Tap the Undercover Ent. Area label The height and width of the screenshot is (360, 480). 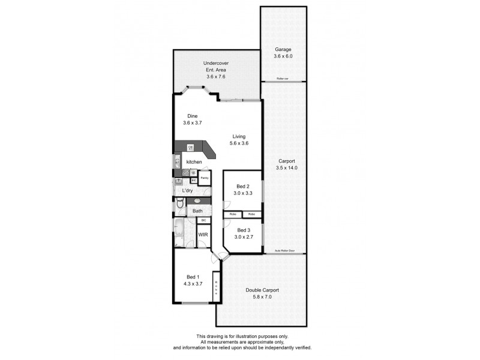[x=215, y=63]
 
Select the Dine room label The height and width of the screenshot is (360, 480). [x=192, y=116]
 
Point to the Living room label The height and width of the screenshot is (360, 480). [x=239, y=136]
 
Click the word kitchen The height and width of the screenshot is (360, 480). [x=194, y=162]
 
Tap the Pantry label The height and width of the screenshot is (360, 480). [x=204, y=178]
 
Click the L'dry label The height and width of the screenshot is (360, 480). [x=187, y=191]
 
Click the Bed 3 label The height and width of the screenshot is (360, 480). [x=243, y=230]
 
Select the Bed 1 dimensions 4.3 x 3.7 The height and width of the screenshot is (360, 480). [x=194, y=284]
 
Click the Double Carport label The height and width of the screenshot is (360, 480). [x=262, y=290]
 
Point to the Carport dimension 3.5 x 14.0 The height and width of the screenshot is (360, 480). [x=286, y=168]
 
